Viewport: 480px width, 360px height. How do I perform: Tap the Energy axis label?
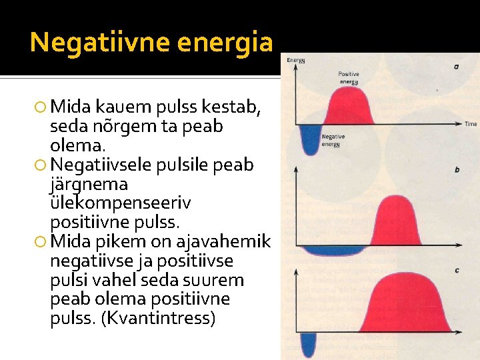(x=296, y=61)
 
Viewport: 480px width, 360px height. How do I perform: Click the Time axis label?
(x=470, y=124)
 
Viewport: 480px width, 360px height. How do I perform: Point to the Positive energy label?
(x=348, y=77)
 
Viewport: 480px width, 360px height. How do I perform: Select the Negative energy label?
(x=333, y=140)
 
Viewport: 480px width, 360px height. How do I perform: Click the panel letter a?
(x=456, y=67)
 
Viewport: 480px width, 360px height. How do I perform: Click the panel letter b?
(x=457, y=170)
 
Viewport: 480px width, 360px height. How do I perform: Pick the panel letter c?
(x=456, y=269)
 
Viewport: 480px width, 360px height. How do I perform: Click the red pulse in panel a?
(x=350, y=107)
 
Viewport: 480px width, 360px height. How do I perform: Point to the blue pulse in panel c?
(x=308, y=343)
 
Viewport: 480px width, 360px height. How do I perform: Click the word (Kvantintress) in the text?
(x=158, y=319)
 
